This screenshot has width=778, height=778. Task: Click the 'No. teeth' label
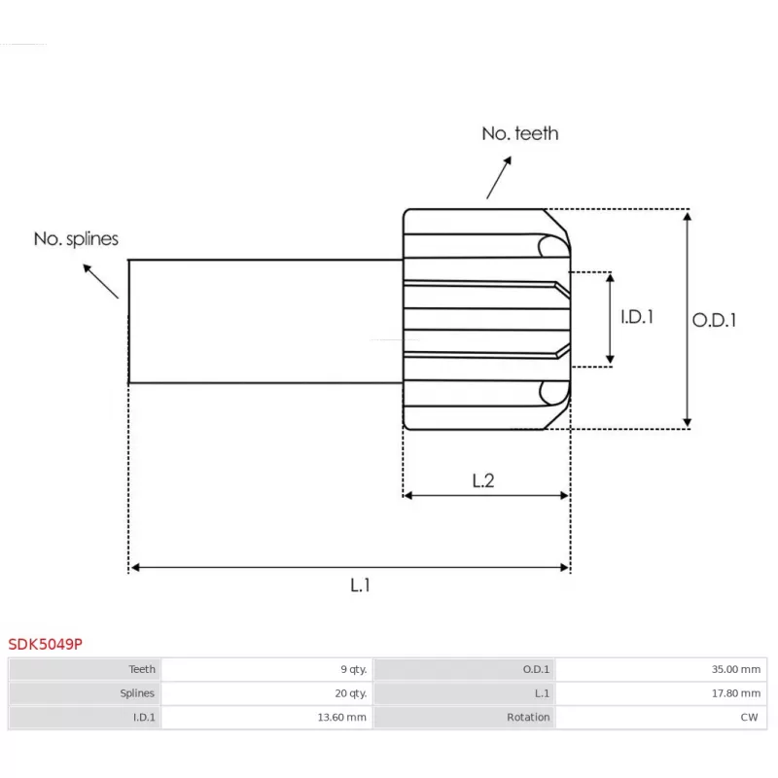click(520, 133)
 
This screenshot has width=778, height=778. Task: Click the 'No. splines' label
click(76, 238)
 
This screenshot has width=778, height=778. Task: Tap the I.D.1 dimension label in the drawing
click(637, 317)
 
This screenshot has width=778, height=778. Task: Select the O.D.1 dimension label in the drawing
click(715, 319)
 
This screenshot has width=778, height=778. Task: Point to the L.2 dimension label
click(483, 479)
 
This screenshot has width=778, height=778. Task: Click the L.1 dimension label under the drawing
click(361, 584)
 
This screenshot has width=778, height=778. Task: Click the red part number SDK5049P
click(45, 644)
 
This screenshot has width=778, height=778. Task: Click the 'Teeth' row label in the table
click(142, 669)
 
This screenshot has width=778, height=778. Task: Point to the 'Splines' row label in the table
click(137, 693)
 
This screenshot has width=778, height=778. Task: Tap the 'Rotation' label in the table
click(528, 718)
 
